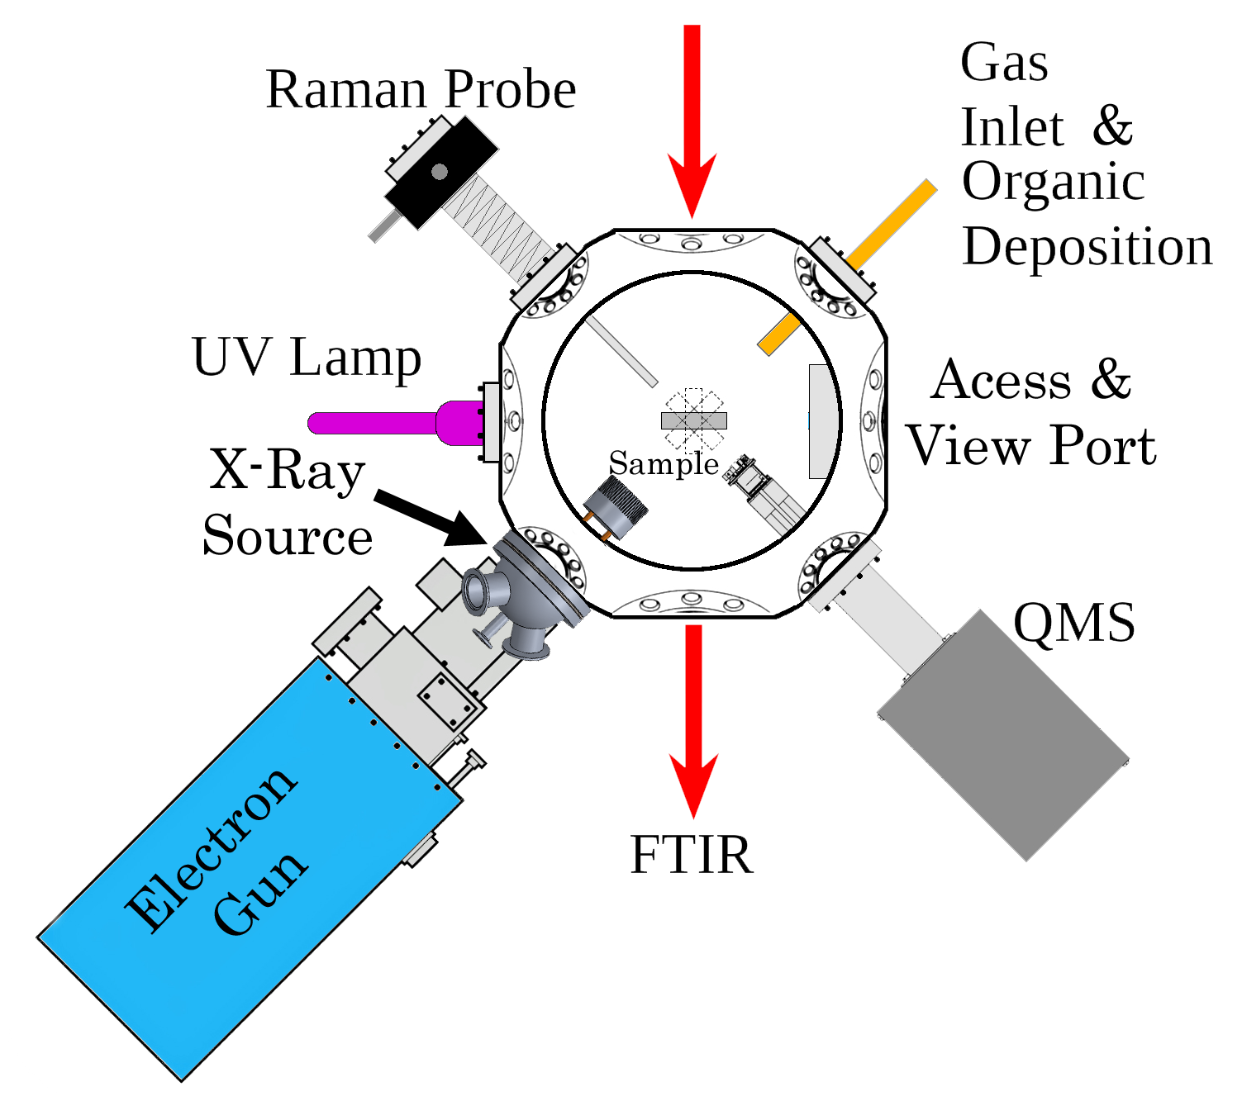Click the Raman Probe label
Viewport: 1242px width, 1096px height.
(421, 89)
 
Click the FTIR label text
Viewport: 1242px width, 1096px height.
(691, 855)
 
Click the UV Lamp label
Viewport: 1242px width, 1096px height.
(307, 358)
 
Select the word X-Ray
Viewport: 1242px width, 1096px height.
(287, 471)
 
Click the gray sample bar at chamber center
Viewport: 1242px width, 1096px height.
(693, 420)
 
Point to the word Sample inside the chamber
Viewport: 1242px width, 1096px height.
(664, 464)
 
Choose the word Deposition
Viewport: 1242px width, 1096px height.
(1087, 247)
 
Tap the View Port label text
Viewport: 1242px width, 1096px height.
(1032, 446)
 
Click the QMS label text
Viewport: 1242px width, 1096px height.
(1074, 623)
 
